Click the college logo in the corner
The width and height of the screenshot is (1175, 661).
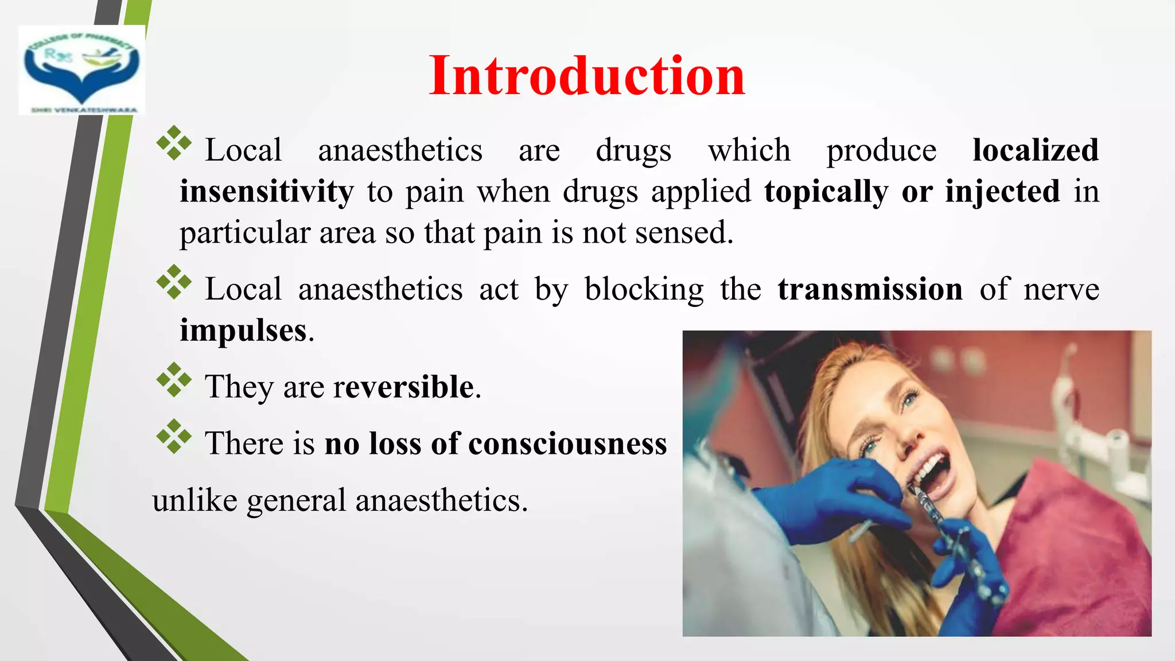(x=81, y=70)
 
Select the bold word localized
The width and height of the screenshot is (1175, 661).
(x=1036, y=150)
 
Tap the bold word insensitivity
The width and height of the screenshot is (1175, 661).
(x=267, y=192)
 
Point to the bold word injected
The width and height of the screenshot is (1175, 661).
(x=1002, y=192)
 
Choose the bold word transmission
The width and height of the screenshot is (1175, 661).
(x=870, y=289)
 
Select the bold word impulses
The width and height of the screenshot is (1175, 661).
(x=243, y=330)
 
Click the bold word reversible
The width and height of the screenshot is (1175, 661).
(x=403, y=387)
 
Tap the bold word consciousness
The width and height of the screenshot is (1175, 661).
(x=567, y=444)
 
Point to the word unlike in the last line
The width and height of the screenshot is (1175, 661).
(x=194, y=500)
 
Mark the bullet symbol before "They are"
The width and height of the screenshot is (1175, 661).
(x=174, y=380)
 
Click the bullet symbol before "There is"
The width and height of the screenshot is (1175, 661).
(x=174, y=437)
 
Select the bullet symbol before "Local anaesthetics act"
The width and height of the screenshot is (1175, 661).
(x=174, y=282)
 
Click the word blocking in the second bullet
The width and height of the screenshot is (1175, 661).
(x=644, y=289)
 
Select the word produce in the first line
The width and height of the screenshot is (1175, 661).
(x=881, y=150)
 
